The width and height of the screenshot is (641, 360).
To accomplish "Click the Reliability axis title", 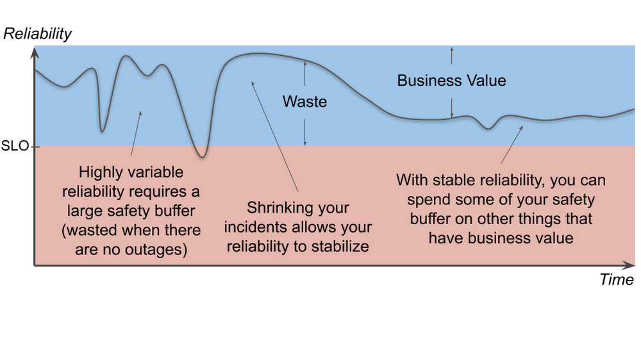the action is [x=37, y=34].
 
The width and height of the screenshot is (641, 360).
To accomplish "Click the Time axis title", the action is [x=617, y=279].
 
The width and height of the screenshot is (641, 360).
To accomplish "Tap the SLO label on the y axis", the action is [x=15, y=146].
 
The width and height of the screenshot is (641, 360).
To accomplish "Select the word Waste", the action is [x=304, y=102].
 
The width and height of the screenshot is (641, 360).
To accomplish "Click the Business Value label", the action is [x=451, y=81].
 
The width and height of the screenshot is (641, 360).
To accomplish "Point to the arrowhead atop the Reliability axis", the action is [x=35, y=52].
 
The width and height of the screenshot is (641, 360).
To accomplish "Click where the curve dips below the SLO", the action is [x=202, y=154].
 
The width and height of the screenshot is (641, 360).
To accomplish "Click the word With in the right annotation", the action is [x=412, y=180].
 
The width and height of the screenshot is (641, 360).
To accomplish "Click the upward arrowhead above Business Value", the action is [x=452, y=49].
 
